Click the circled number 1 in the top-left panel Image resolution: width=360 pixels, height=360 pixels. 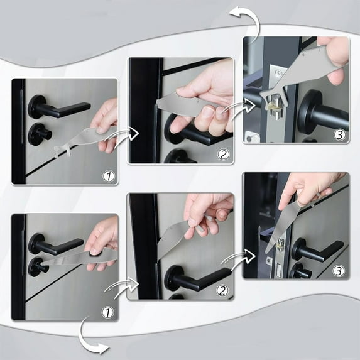coord(109,176)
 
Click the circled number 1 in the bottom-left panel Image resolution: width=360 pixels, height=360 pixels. coord(109,312)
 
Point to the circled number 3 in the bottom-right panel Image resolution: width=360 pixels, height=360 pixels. coord(338,270)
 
